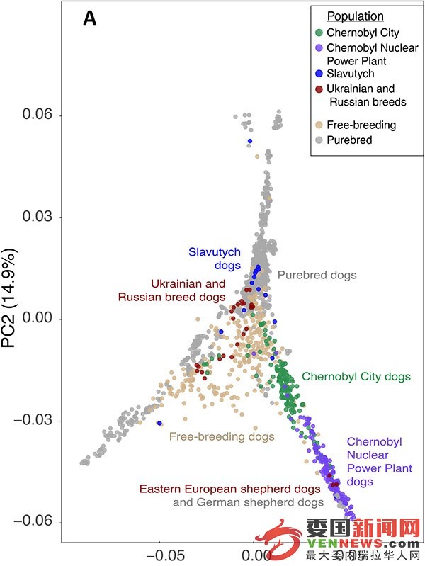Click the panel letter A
pos(90,19)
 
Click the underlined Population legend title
pos(355,16)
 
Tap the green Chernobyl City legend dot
pos(319,33)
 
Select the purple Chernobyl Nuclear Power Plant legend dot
pos(319,47)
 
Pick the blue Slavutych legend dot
pos(319,74)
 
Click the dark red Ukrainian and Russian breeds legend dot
pos(319,89)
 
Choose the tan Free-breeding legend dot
pos(319,125)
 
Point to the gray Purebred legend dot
pos(319,140)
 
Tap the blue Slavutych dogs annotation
pos(215,258)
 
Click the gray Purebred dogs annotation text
pos(317,274)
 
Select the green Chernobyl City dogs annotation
pos(356,377)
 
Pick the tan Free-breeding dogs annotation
pos(222,437)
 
